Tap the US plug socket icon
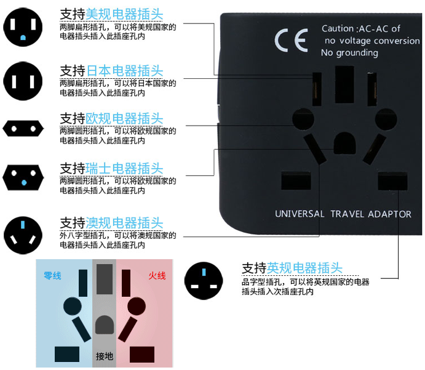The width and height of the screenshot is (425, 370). click(23, 29)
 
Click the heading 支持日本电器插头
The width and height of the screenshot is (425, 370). click(111, 70)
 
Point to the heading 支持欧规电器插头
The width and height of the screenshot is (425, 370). click(111, 118)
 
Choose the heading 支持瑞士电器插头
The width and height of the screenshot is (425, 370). click(111, 168)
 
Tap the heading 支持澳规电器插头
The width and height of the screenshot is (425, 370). click(111, 223)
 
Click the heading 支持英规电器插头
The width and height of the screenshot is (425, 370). click(292, 268)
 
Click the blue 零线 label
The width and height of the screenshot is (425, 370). click(53, 275)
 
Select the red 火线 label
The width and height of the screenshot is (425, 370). click(157, 275)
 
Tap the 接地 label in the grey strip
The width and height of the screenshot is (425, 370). click(105, 356)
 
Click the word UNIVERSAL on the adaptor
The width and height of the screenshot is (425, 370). click(299, 214)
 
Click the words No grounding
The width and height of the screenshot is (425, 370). click(349, 53)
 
